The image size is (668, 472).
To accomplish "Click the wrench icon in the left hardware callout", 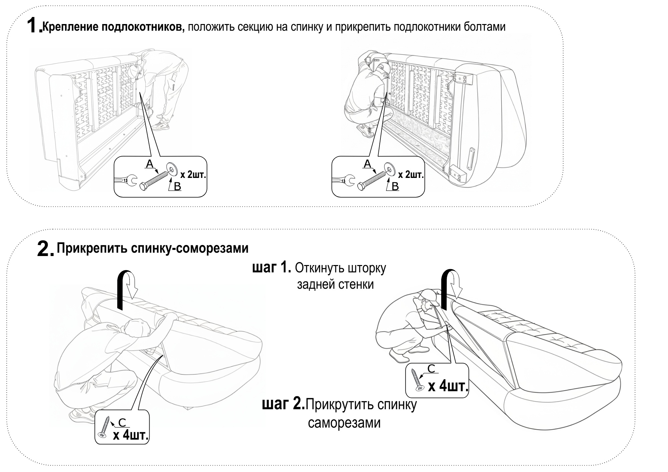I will (x=126, y=181).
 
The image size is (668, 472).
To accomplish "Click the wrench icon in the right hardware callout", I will (x=343, y=181).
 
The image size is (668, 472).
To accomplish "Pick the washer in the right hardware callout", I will (x=388, y=168).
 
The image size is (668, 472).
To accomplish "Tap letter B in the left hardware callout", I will (x=177, y=187).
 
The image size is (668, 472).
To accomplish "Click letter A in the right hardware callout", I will (x=367, y=164).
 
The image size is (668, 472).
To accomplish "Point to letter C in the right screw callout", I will (x=431, y=369).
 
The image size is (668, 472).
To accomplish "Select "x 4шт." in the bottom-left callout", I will (x=131, y=435).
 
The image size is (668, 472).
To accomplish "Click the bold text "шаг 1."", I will (x=272, y=268).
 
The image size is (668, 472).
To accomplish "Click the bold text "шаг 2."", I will (x=284, y=405).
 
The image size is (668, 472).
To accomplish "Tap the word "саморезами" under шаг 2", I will (x=344, y=423).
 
